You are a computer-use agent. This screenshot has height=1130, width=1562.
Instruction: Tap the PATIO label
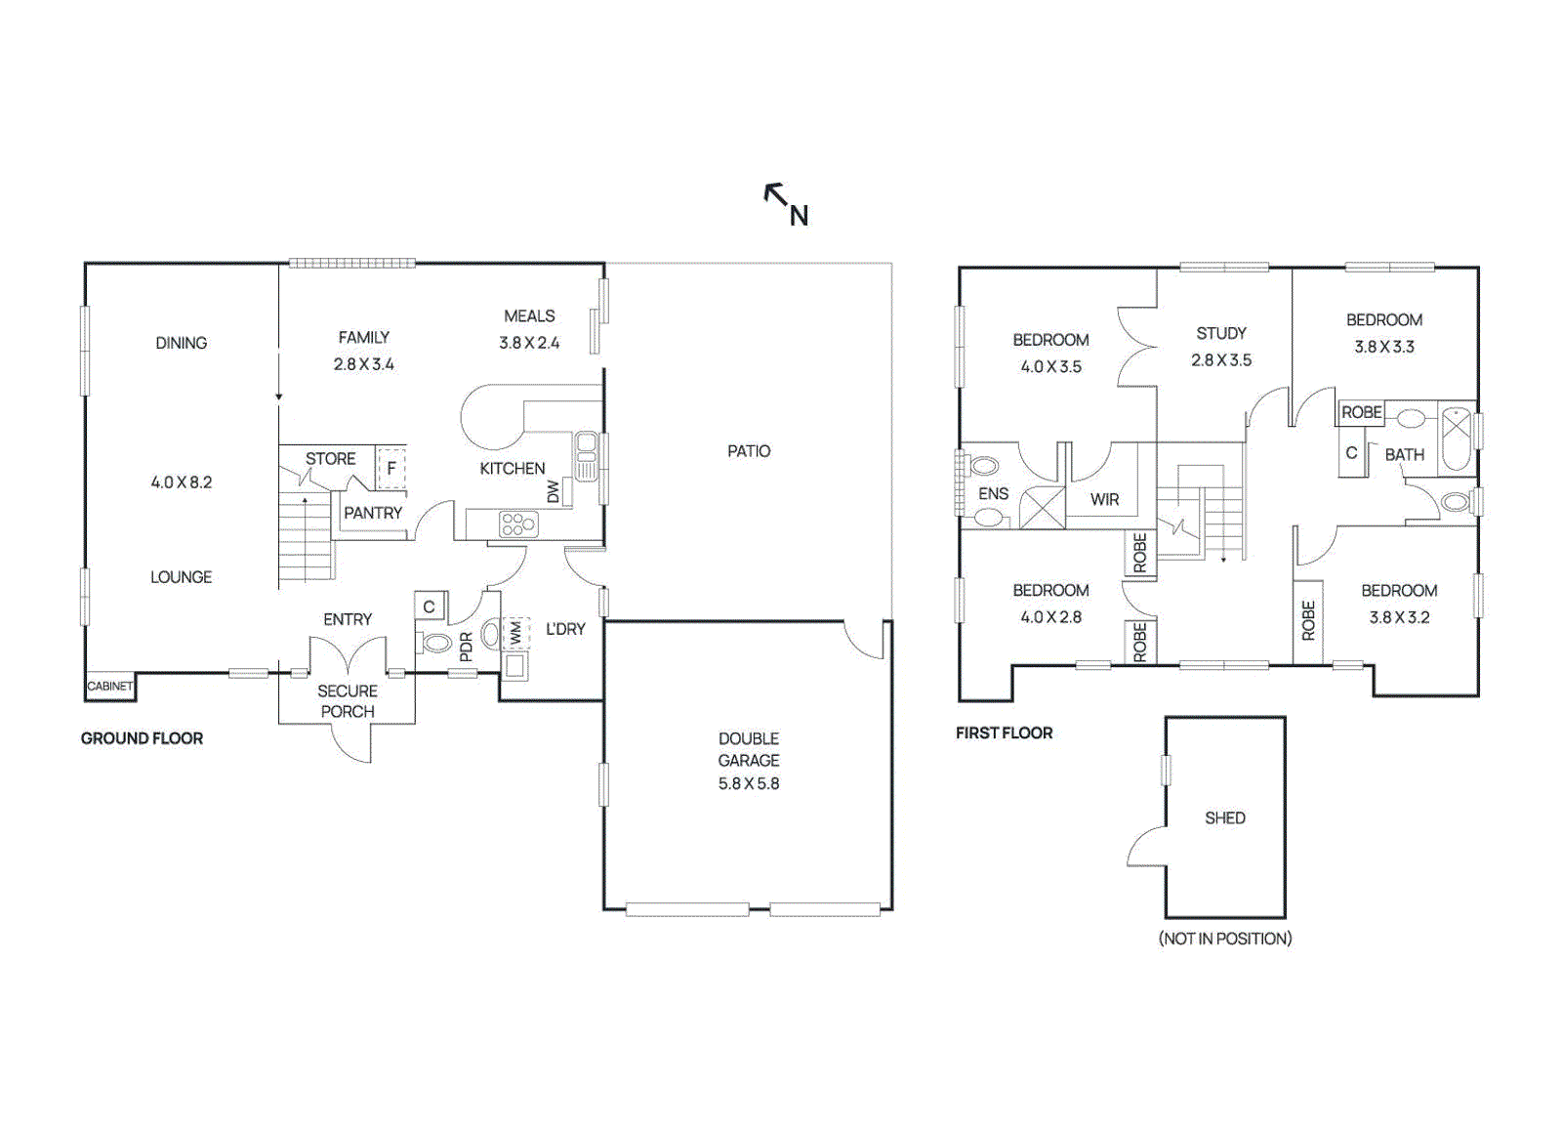pyautogui.click(x=749, y=451)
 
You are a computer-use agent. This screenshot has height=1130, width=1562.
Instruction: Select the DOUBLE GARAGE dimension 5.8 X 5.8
pyautogui.click(x=749, y=783)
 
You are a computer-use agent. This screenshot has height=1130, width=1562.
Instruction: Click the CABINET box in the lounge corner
pyautogui.click(x=109, y=687)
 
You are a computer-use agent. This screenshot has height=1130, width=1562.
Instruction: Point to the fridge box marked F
pyautogui.click(x=391, y=468)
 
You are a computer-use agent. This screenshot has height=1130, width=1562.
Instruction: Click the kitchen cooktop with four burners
pyautogui.click(x=517, y=524)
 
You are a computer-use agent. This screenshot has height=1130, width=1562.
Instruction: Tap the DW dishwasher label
pyautogui.click(x=554, y=491)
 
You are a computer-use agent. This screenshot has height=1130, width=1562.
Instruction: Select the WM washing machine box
pyautogui.click(x=515, y=634)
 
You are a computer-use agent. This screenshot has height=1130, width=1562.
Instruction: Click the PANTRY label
pyautogui.click(x=373, y=513)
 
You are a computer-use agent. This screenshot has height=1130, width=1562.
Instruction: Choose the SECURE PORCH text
pyautogui.click(x=348, y=701)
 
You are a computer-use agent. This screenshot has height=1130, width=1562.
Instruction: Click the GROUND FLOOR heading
pyautogui.click(x=142, y=738)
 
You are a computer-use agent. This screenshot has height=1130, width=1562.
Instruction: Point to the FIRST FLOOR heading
pyautogui.click(x=1004, y=732)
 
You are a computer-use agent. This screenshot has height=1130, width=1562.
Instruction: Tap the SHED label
pyautogui.click(x=1224, y=818)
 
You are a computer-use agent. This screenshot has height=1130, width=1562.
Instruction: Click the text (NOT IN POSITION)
pyautogui.click(x=1224, y=939)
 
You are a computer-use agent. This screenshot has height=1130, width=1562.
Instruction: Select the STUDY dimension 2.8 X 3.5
pyautogui.click(x=1220, y=360)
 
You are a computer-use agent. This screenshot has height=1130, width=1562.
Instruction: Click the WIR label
pyautogui.click(x=1104, y=499)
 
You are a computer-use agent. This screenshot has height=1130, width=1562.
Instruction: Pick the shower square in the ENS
pyautogui.click(x=1042, y=508)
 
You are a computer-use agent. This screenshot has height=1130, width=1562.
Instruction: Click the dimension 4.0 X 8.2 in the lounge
pyautogui.click(x=181, y=482)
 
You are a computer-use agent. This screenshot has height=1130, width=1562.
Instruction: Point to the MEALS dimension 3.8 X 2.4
pyautogui.click(x=529, y=343)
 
